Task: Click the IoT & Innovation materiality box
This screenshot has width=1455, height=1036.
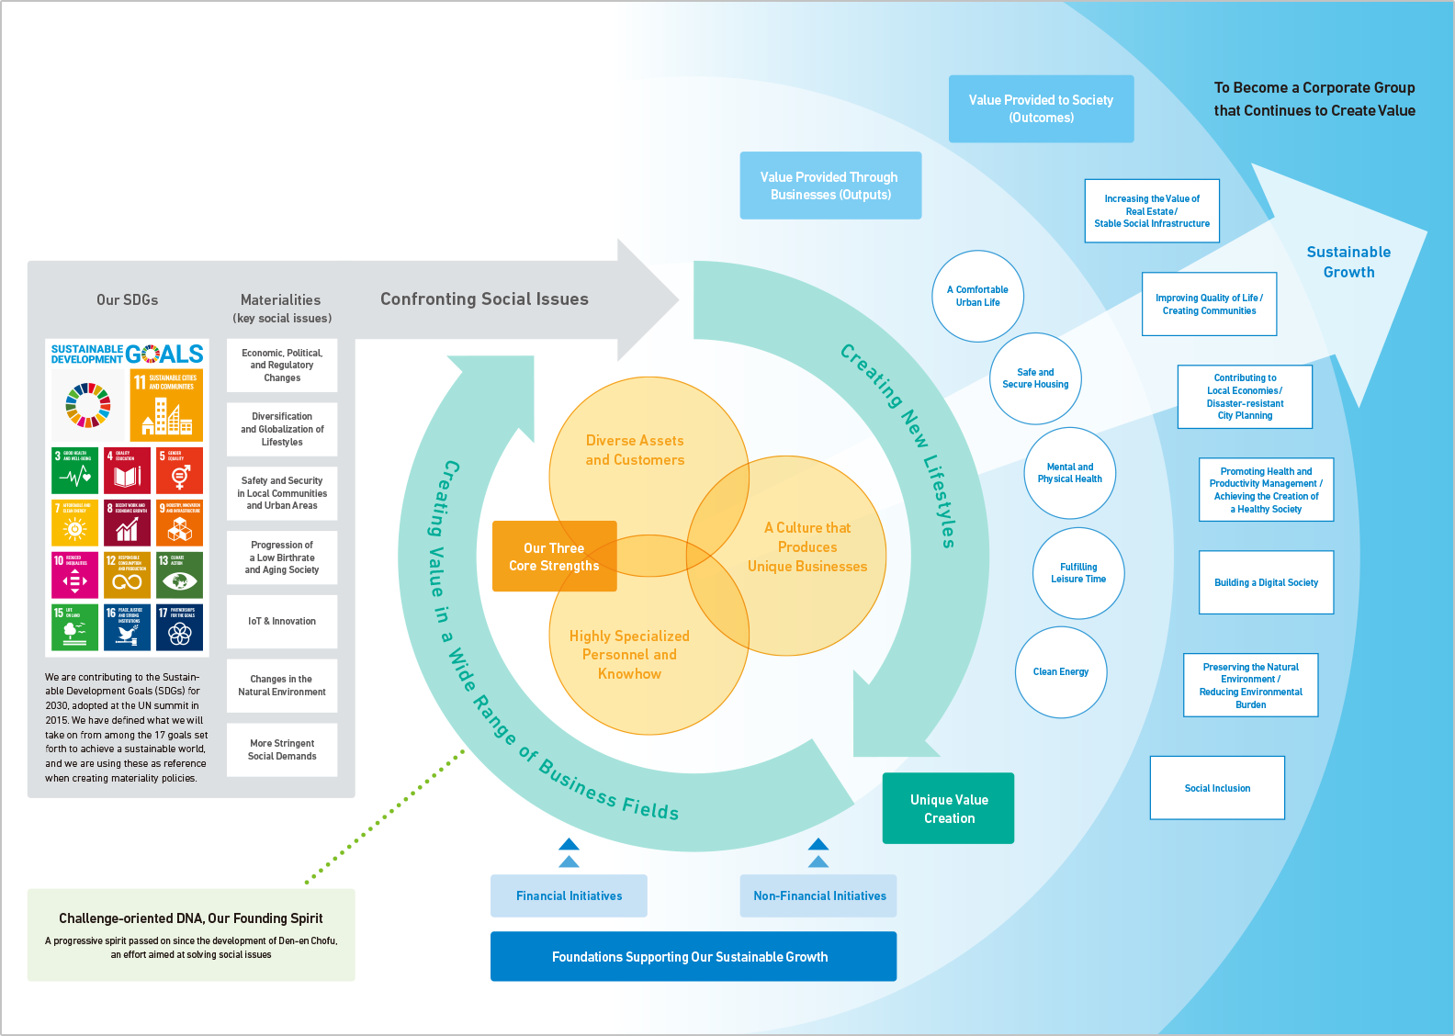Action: (282, 622)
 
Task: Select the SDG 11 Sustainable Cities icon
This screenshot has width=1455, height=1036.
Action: (166, 405)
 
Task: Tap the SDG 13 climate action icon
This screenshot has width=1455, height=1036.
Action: (179, 574)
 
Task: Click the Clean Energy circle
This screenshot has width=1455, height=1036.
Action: (1061, 672)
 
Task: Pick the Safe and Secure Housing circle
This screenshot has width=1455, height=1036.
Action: (1035, 378)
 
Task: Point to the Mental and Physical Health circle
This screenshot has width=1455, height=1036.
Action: (1070, 473)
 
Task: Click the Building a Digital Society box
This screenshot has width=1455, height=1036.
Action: (1266, 582)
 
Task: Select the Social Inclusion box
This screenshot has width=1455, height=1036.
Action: (1217, 788)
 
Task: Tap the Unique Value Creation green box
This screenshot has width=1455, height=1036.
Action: (949, 808)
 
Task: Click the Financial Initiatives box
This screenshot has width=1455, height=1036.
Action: (569, 895)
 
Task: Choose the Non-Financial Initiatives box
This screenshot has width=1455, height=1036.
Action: (818, 895)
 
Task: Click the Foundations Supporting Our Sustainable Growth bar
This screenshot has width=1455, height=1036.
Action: (693, 956)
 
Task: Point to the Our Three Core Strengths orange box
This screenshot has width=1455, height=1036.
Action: (554, 557)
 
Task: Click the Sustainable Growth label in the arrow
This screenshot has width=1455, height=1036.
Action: (1348, 262)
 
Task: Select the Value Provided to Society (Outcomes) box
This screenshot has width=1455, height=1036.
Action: (1041, 108)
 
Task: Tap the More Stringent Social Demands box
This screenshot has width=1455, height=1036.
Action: (282, 749)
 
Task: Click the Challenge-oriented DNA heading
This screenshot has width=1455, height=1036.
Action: (191, 918)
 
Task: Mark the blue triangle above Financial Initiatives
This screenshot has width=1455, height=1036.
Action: (569, 845)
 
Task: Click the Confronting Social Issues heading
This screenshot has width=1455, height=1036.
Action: (484, 299)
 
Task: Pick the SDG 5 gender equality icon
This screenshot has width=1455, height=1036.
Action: (179, 470)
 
